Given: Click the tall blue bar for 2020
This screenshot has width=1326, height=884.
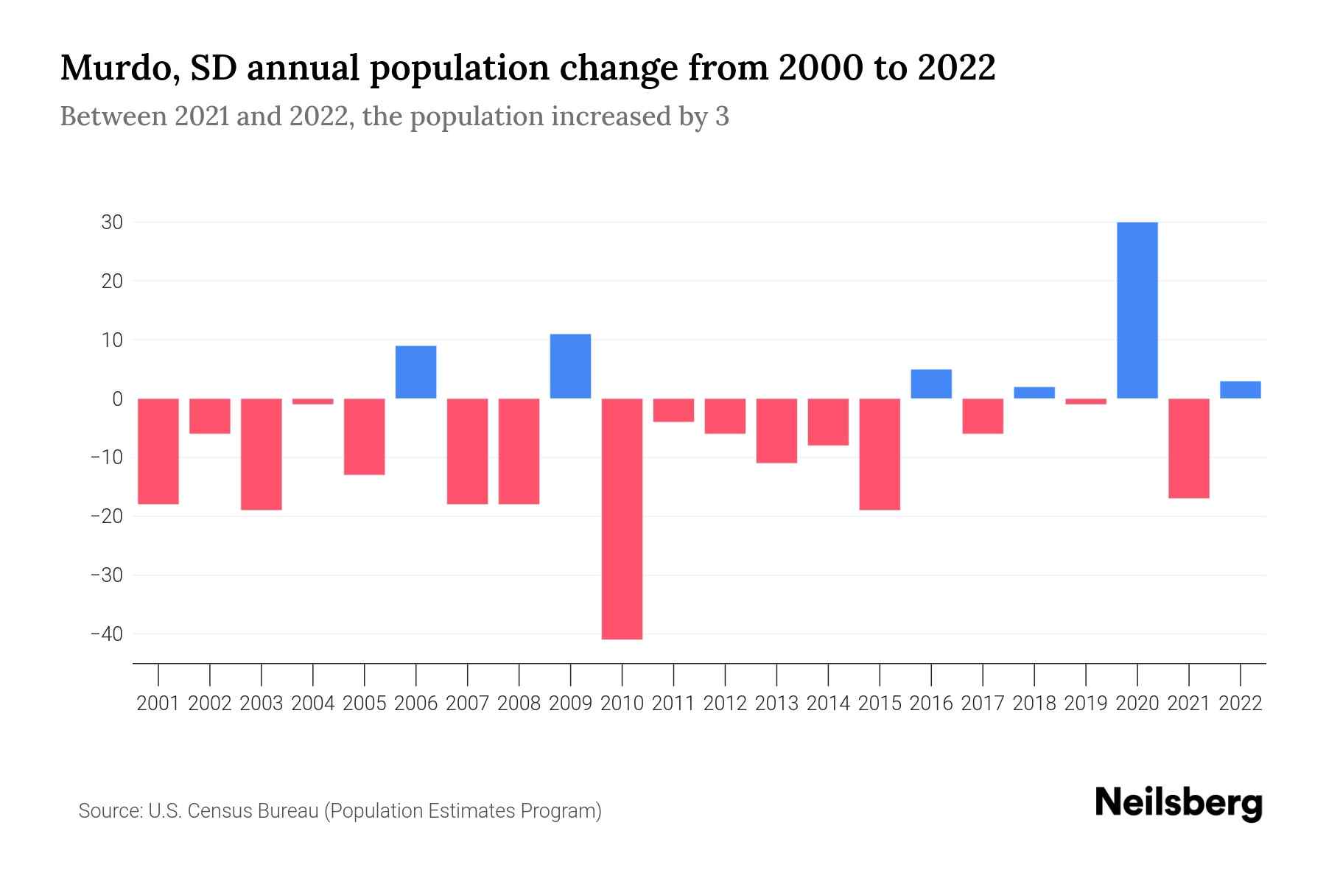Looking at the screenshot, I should (x=1137, y=310).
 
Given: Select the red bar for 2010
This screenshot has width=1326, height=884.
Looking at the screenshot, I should (x=622, y=519).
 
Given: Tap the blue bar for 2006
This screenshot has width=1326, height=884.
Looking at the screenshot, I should (x=415, y=372).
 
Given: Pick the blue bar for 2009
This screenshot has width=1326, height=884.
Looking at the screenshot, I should (x=570, y=366).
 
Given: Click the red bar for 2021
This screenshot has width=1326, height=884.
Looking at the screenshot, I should (x=1189, y=448).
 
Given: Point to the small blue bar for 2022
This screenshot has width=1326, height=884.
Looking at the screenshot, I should (x=1241, y=390).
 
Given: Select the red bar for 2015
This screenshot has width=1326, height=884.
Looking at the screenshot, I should (x=880, y=454).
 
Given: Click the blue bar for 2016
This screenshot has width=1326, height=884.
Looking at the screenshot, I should (x=931, y=384).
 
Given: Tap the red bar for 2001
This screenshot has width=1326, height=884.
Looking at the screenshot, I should (x=158, y=451).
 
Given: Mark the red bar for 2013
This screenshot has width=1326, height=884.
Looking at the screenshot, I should (x=776, y=430).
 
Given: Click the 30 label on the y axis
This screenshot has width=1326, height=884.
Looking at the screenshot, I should (x=111, y=222).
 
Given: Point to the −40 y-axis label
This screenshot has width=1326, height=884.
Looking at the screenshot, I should (x=106, y=634).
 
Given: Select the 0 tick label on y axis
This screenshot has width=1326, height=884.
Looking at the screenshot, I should (x=117, y=399).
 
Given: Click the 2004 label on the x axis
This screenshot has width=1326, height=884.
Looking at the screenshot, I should (x=313, y=704).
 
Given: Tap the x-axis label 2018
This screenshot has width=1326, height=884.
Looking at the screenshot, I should (x=1034, y=704).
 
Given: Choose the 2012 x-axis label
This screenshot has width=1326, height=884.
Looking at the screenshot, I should (x=725, y=704).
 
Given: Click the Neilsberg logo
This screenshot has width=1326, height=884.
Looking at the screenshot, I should (x=1178, y=803).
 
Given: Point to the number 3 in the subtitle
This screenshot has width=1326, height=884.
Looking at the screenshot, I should (x=722, y=116).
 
